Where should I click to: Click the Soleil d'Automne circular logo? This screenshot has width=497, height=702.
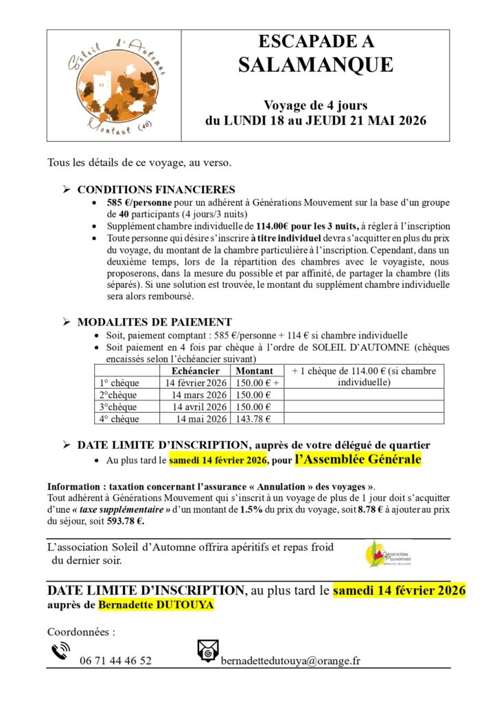(x=114, y=86)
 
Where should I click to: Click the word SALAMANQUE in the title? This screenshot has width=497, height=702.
(x=316, y=64)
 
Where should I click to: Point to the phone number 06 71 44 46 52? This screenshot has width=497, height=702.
(x=115, y=661)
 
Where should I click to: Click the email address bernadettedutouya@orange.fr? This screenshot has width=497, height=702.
(x=290, y=661)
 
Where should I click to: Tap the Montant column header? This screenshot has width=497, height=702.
(x=255, y=371)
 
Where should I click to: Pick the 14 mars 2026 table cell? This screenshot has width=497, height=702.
(x=200, y=395)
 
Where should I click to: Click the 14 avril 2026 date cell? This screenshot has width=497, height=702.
(x=200, y=407)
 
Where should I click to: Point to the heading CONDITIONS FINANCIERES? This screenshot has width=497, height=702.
(x=156, y=190)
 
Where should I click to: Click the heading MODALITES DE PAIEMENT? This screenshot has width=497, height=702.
(x=154, y=322)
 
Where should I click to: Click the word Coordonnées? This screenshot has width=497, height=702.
(x=81, y=631)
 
